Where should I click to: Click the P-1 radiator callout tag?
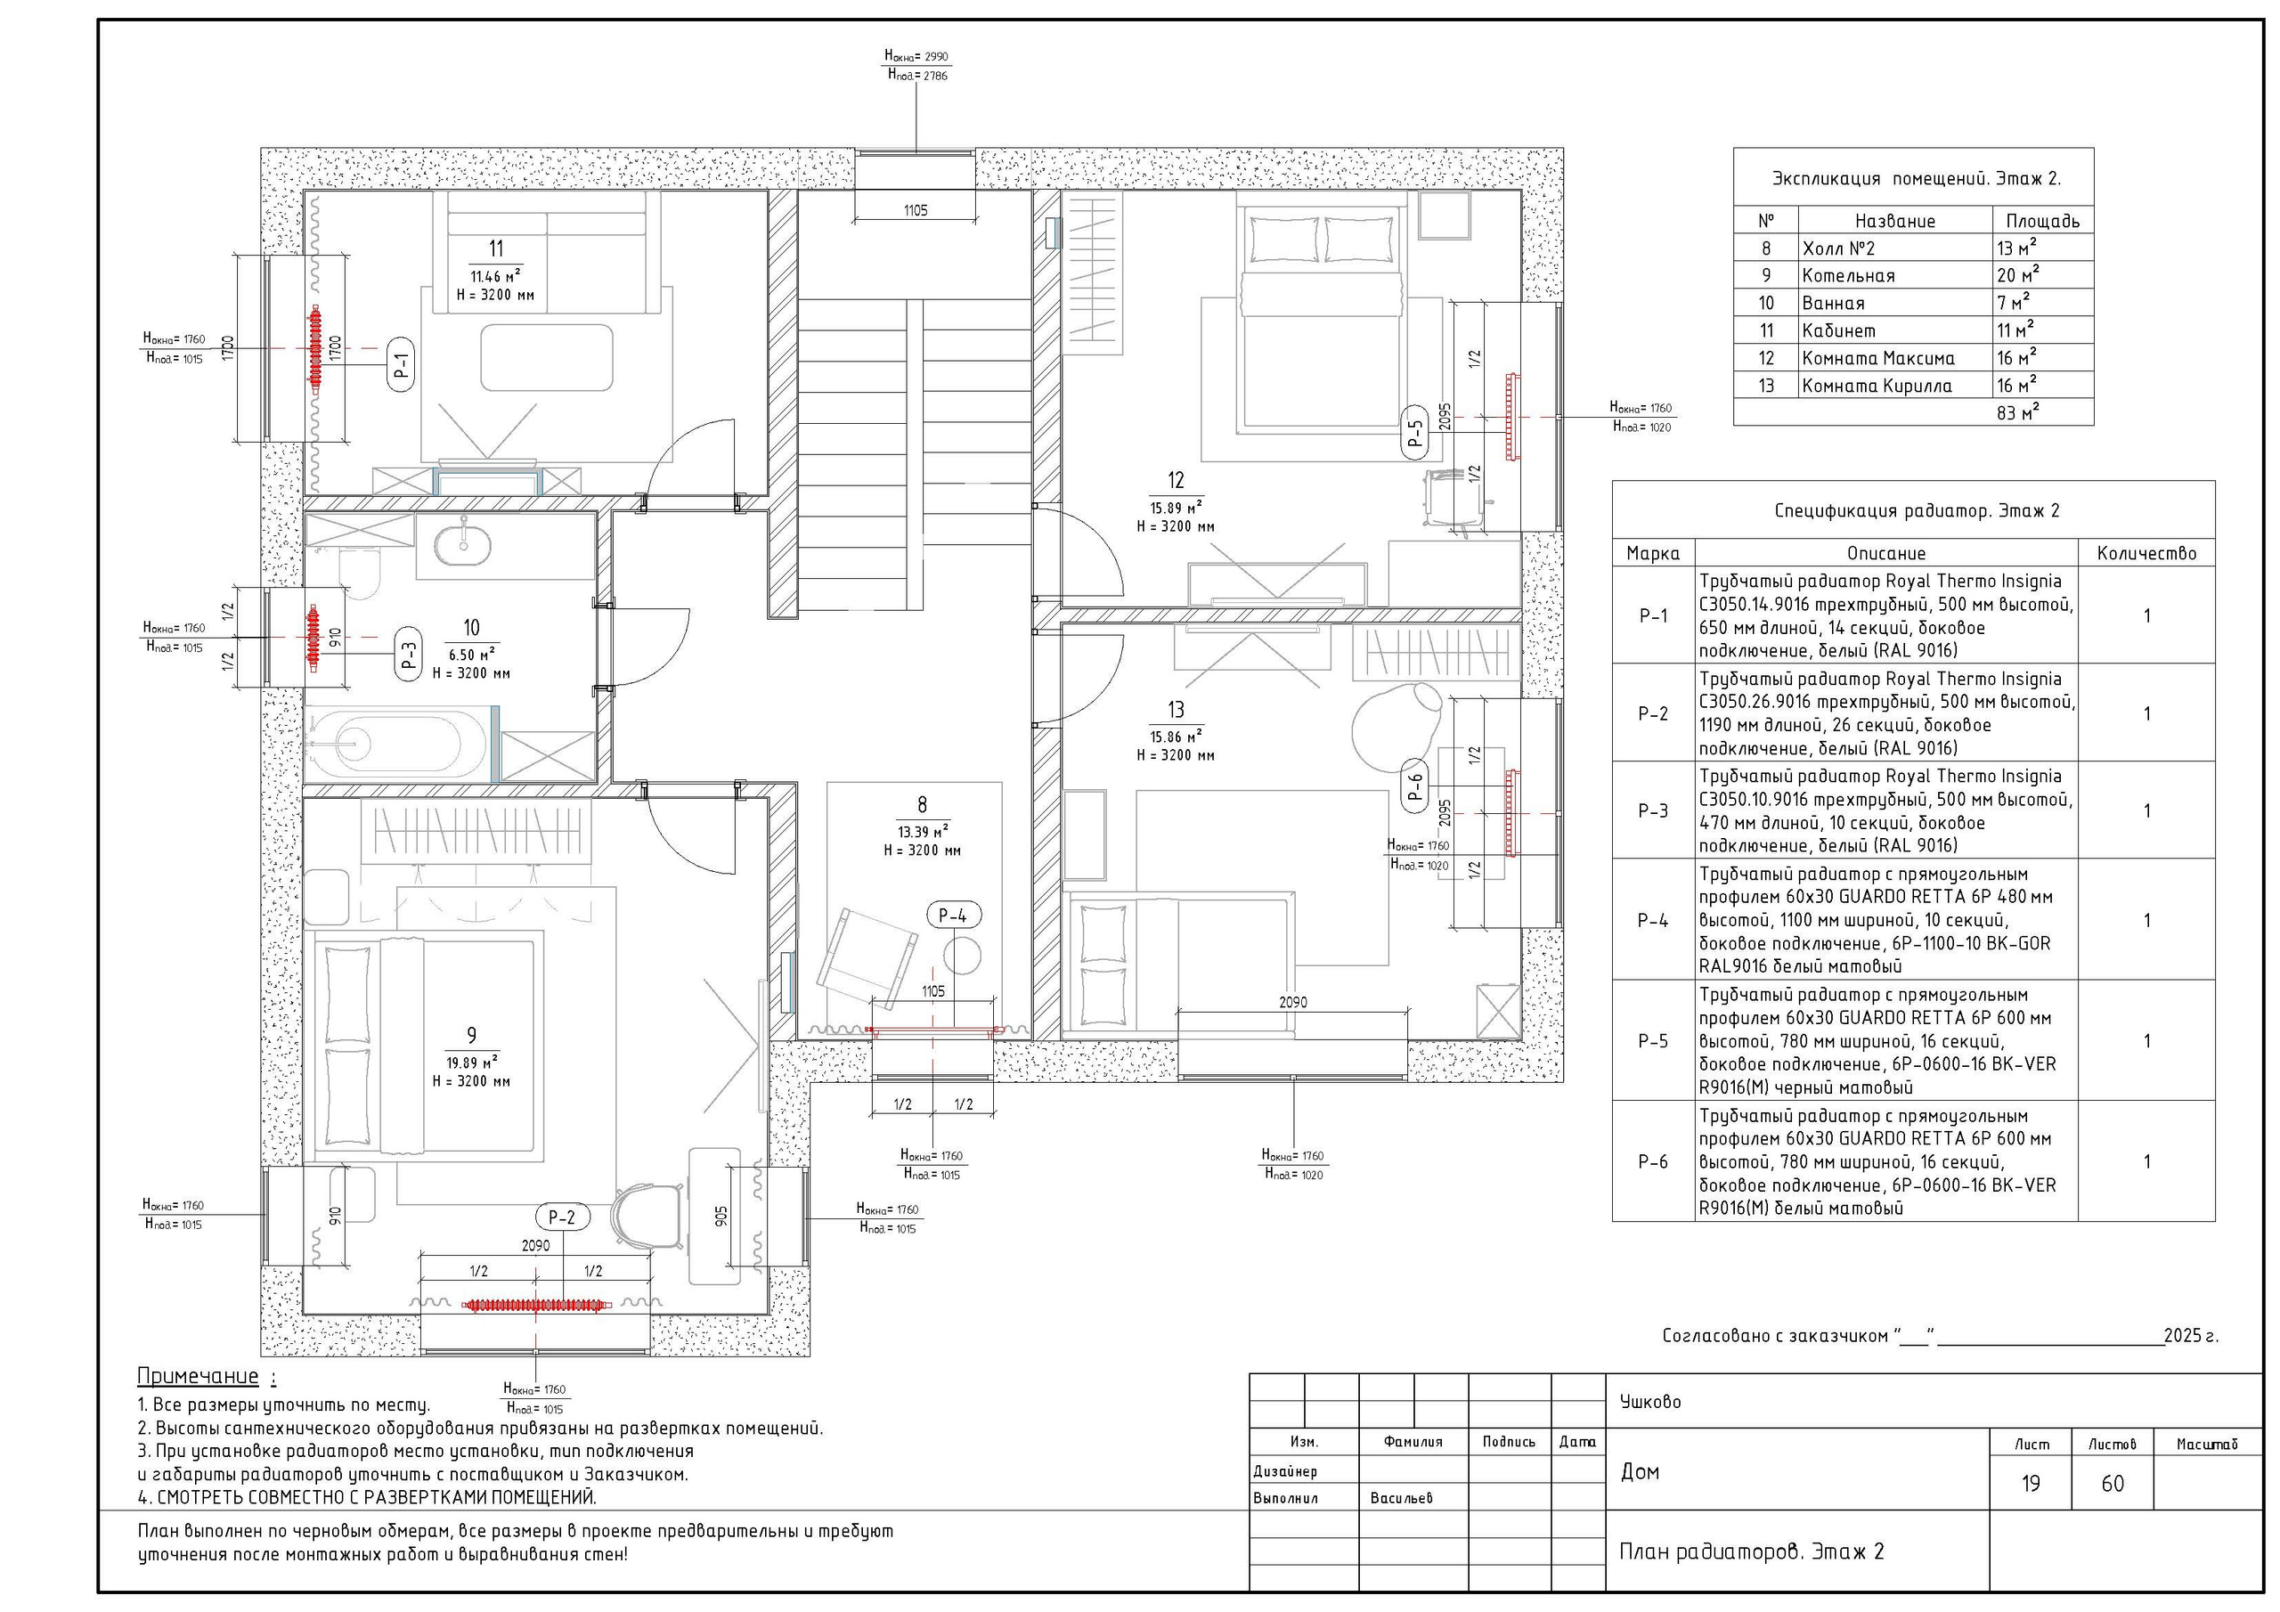(x=400, y=364)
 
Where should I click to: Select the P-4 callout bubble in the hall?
(x=952, y=916)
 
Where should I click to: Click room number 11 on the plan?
(x=495, y=248)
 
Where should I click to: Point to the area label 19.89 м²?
(x=472, y=1062)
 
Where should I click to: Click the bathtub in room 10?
(x=397, y=742)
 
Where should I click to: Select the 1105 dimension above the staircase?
(x=916, y=210)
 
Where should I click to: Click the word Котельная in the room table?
(x=1848, y=276)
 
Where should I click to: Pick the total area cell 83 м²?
(x=2018, y=412)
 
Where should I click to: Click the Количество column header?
(x=2146, y=553)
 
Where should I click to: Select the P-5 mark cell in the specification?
(x=1652, y=1041)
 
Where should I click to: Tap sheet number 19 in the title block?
(x=2031, y=1484)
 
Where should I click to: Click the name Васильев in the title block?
(x=1401, y=1498)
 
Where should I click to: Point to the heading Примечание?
(x=198, y=1377)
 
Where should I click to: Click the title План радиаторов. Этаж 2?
(x=1752, y=1551)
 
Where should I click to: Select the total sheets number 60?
(x=2113, y=1484)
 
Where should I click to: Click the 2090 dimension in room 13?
(x=1293, y=1002)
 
